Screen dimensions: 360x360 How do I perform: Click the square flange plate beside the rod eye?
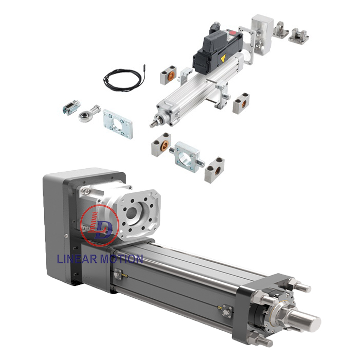pos(117,123)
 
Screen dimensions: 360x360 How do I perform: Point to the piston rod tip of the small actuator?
pos(153,124)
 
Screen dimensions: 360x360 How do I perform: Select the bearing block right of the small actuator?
pos(241,103)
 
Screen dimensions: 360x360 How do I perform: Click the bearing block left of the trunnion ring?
pos(160,145)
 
